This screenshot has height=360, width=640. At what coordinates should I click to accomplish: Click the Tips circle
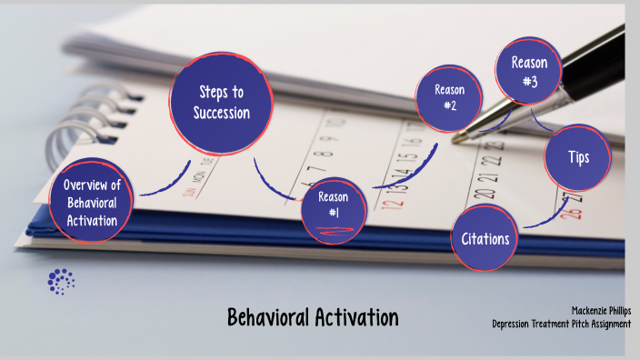coord(578,157)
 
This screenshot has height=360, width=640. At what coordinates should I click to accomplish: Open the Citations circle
coord(485,238)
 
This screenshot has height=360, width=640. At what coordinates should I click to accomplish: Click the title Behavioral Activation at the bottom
coord(313,318)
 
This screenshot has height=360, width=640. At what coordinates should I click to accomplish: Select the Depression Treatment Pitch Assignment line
coord(561,325)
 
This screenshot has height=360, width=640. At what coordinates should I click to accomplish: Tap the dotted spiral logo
coord(61,281)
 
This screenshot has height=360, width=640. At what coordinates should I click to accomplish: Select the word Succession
coord(221,113)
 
